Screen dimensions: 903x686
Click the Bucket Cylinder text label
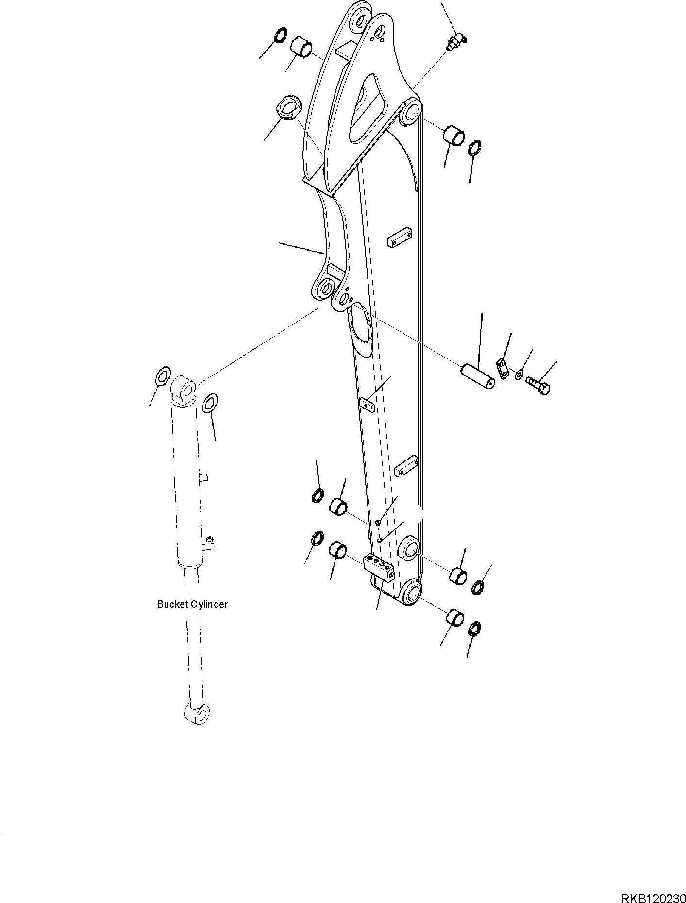tap(193, 604)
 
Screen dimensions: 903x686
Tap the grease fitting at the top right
tap(455, 42)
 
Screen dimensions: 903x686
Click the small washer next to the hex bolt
tap(519, 374)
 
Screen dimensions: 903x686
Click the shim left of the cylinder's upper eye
tap(163, 375)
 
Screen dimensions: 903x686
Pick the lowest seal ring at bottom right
tap(475, 629)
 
